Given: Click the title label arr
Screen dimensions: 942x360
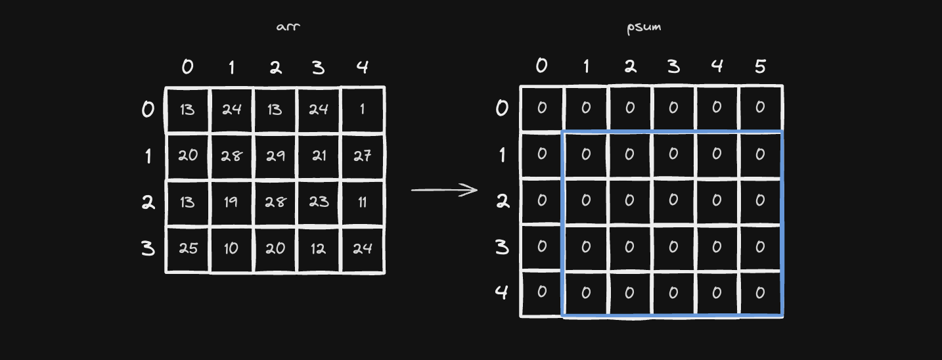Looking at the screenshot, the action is (288, 27).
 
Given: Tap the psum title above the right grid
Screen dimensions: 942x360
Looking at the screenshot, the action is (644, 28).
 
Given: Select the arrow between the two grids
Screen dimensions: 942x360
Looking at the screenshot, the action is (444, 190).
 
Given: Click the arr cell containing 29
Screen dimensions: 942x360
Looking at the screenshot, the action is (275, 156).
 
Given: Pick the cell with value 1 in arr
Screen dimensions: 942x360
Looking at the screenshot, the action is (363, 110).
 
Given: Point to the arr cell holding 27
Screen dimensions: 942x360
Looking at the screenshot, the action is (363, 156).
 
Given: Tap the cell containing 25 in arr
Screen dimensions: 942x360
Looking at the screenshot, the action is (188, 249).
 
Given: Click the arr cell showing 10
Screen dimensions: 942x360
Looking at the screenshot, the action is (231, 249).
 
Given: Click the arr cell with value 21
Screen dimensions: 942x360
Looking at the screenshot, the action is (319, 156).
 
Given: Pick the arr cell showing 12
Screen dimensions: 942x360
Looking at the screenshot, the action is (319, 249).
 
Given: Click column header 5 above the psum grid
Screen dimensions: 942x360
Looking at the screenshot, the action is (760, 66).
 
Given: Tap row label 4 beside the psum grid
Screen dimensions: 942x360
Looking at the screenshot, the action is (502, 292).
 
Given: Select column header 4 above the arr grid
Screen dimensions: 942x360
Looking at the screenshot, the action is (362, 67).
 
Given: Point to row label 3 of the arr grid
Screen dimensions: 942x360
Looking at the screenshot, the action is (148, 248).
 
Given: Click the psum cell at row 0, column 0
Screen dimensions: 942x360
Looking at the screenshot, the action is (542, 108).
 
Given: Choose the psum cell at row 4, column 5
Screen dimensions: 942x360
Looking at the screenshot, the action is (761, 293).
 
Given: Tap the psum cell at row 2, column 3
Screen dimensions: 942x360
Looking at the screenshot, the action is (673, 200).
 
